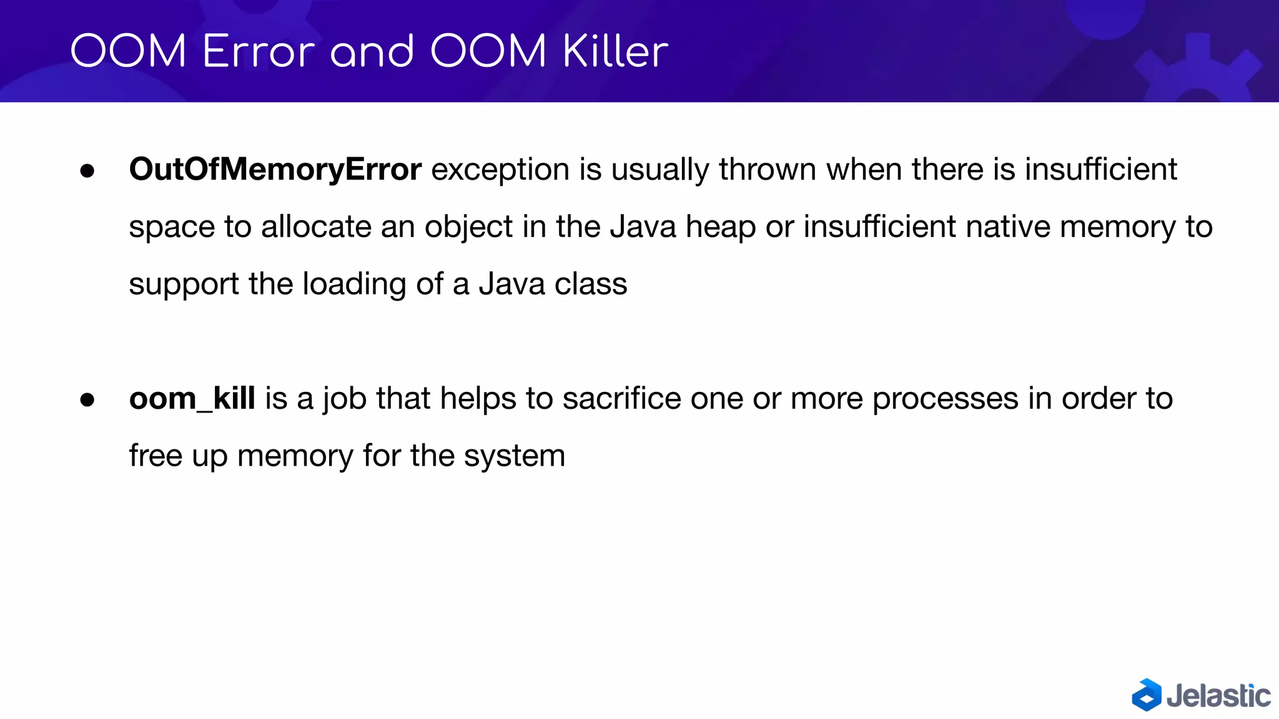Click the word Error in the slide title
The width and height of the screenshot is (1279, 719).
[x=259, y=51]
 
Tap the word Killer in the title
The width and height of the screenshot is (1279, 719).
[x=615, y=51]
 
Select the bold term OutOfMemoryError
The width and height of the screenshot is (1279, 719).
[x=275, y=170]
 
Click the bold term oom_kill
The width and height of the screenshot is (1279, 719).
[x=192, y=398]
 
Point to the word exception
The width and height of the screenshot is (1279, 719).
[x=500, y=170]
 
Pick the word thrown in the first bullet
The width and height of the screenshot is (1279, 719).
[x=768, y=170]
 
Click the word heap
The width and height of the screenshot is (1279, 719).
[x=721, y=227]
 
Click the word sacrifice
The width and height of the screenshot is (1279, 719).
[x=621, y=398]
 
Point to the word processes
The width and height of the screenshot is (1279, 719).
[x=945, y=398]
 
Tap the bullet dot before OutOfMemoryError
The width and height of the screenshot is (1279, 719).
[x=87, y=170]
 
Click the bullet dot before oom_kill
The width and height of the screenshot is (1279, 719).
[x=87, y=399]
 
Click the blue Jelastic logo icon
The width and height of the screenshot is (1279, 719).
[x=1147, y=695]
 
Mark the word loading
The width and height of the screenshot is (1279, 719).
[x=354, y=285]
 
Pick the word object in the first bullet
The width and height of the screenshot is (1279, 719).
[x=468, y=227]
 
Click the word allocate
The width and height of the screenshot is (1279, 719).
[x=316, y=227]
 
